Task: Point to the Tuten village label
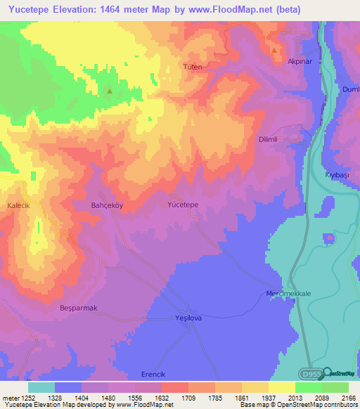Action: pos(193,67)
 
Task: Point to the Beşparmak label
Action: pos(77,308)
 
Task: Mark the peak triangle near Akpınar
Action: pos(274,50)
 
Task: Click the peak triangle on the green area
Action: pos(109,91)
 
